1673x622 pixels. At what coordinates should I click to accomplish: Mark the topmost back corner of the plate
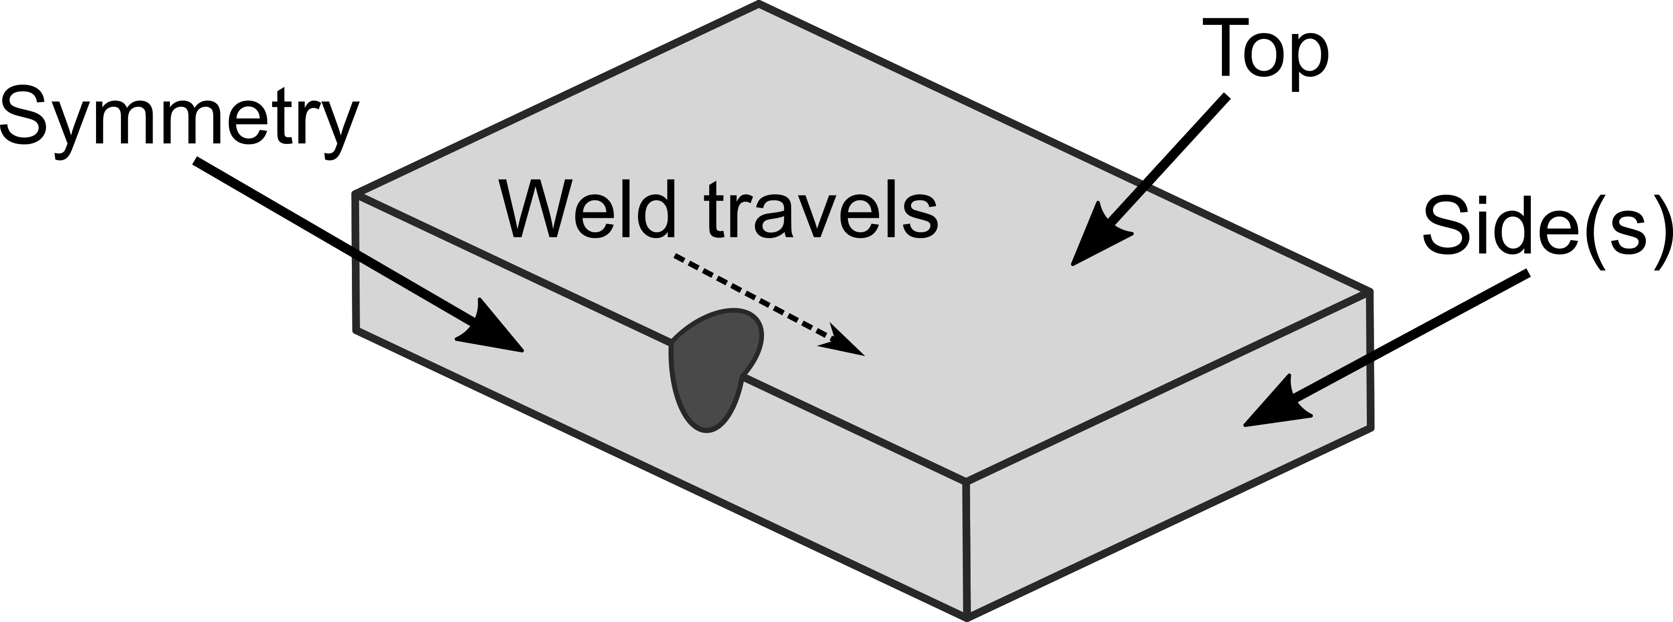pyautogui.click(x=759, y=6)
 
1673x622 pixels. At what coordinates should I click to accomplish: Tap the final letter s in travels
pyautogui.click(x=921, y=217)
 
